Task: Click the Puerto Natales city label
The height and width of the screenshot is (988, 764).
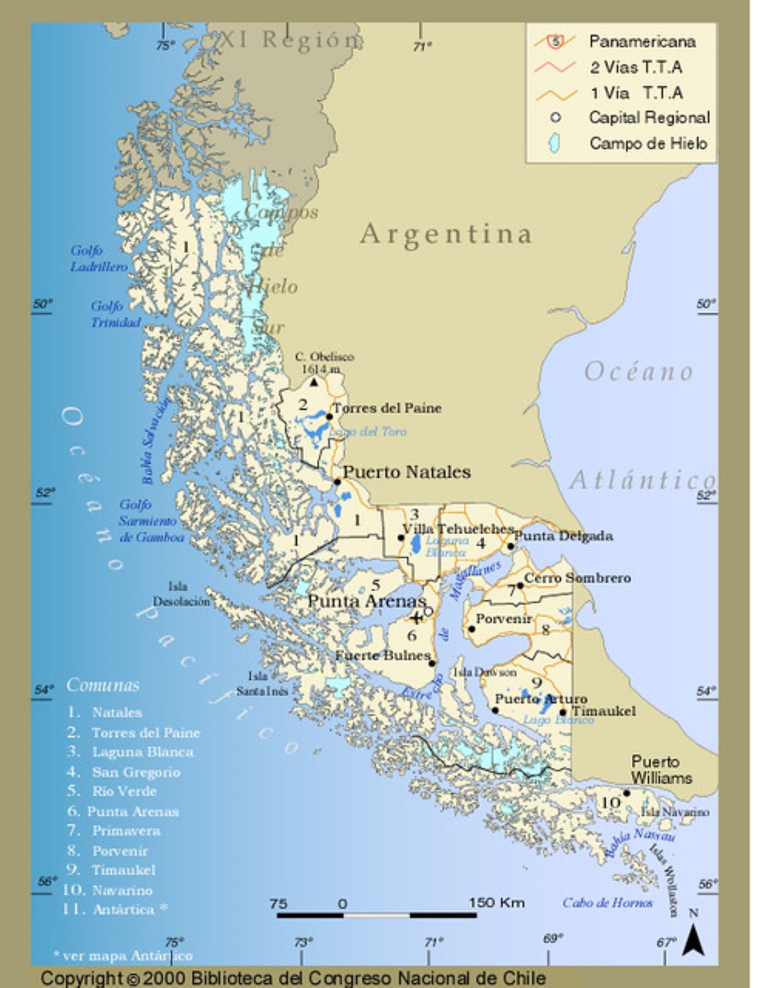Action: [406, 472]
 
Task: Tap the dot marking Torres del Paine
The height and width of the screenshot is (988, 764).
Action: [330, 417]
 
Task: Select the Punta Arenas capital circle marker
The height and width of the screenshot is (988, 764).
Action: [428, 611]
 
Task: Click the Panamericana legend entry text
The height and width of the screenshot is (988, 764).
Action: [642, 41]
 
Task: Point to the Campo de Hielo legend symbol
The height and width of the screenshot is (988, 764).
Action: [554, 143]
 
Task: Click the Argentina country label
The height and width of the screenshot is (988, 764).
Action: [446, 235]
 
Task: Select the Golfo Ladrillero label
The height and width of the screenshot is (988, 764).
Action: [98, 258]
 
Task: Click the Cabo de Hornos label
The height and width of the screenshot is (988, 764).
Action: [607, 903]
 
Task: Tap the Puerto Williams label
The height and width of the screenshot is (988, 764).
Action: [661, 770]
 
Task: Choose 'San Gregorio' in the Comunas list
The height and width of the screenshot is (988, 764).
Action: [136, 772]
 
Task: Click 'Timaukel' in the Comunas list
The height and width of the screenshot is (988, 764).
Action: [123, 870]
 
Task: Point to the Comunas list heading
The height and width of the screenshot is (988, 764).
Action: [103, 685]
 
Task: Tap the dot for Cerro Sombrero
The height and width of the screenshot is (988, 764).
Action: [520, 586]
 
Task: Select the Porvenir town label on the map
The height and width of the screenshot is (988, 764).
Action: [503, 618]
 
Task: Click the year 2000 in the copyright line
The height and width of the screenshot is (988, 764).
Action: [164, 978]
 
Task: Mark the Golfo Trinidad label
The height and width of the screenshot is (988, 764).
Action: [115, 314]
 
